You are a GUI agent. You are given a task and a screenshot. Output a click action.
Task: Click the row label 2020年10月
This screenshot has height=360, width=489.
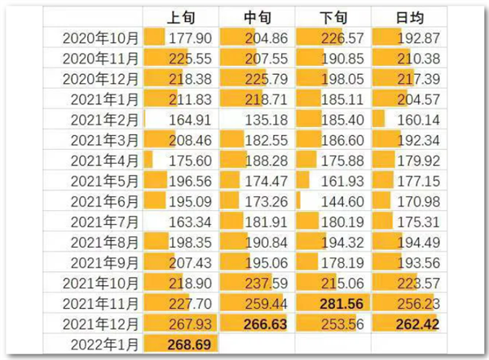(x=99, y=37)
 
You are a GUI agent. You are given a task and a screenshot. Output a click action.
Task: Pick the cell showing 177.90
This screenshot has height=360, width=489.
(x=188, y=37)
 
